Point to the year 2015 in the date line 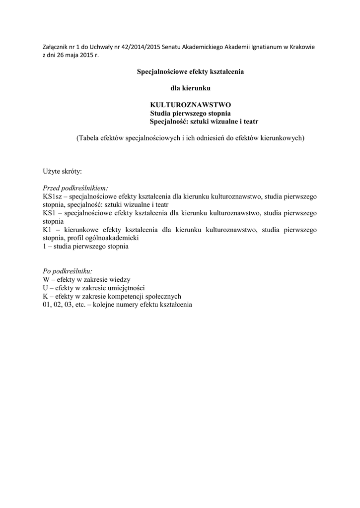(86, 55)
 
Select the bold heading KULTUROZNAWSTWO (191, 105)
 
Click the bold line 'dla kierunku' (191, 88)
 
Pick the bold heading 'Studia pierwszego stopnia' (190, 113)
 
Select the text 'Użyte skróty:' (62, 172)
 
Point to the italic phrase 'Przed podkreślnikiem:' (75, 189)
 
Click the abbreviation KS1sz (51, 197)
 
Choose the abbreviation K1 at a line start (47, 230)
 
